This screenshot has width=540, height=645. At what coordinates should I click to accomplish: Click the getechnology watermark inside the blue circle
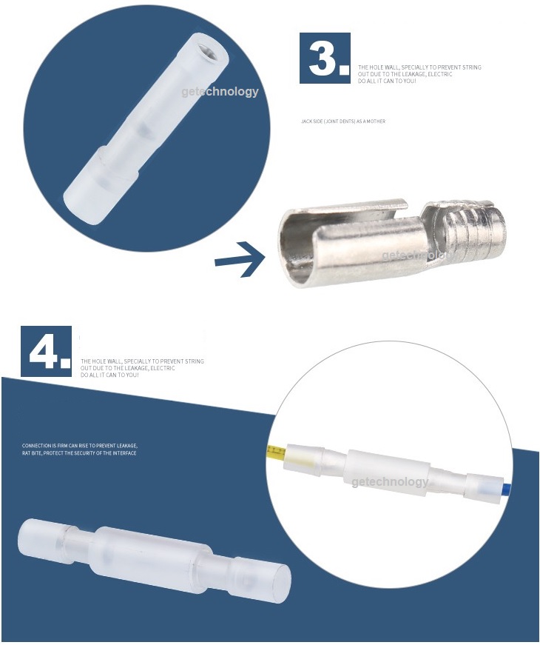point(220,92)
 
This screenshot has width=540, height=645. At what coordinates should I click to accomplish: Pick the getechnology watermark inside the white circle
point(390,482)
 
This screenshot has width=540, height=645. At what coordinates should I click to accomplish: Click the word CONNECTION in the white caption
point(36,446)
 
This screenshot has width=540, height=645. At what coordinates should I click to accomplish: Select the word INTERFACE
point(124,452)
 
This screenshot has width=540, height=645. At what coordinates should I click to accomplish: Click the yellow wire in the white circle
point(275,450)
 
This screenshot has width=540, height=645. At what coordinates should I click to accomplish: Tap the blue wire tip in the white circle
point(507,489)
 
